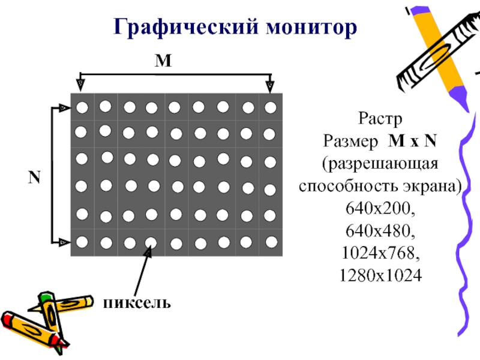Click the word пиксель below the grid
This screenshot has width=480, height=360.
136,301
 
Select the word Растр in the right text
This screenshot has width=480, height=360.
379,117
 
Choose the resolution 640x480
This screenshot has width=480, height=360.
380,230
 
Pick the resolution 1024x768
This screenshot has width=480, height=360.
380,253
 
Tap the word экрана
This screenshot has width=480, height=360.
434,186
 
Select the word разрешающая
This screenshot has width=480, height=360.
380,164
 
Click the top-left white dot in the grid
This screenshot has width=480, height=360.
82,108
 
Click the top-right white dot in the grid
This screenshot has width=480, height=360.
271,107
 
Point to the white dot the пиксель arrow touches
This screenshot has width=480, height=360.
151,243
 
